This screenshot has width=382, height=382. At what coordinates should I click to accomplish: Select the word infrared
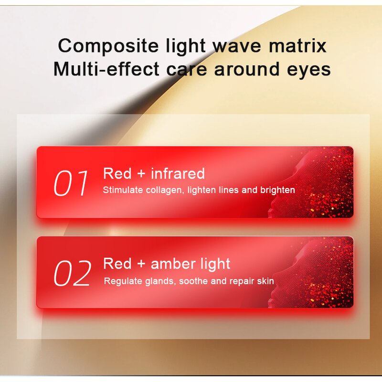(178, 173)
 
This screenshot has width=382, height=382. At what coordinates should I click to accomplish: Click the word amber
(173, 264)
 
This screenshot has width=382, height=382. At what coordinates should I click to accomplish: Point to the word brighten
(277, 190)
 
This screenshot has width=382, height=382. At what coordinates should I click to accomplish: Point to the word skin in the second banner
(265, 281)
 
